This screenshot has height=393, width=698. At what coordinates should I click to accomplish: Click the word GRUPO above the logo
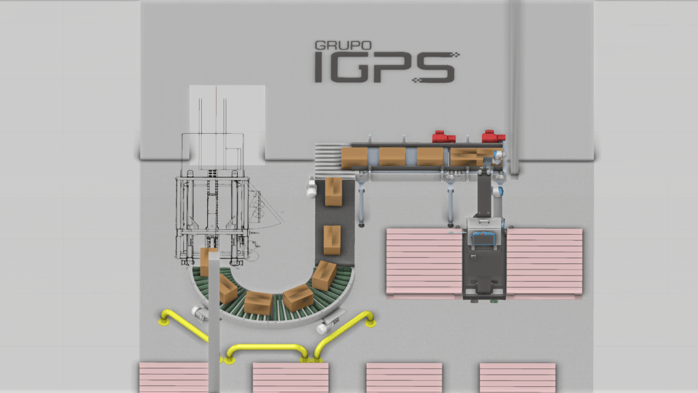[x=343, y=45]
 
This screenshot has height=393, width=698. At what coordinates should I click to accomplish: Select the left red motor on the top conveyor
[x=443, y=136]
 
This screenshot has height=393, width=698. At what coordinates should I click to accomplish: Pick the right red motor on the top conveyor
[x=494, y=136]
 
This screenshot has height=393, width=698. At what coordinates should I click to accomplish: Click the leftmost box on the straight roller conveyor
[x=354, y=158]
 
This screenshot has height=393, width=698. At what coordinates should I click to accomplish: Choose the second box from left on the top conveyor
[x=392, y=158]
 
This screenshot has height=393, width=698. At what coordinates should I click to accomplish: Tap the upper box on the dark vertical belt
[x=333, y=192]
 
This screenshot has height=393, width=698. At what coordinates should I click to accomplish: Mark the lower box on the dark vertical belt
[x=332, y=239]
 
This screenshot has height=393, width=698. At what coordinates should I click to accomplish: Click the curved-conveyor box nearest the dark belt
[x=324, y=275]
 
